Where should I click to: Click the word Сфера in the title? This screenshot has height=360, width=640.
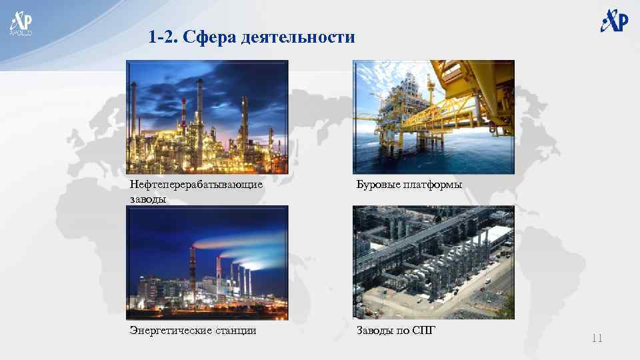211,37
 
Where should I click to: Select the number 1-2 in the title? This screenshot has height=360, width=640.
165,37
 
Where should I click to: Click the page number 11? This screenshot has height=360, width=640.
597,339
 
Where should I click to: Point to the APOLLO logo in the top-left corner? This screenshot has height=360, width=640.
20,23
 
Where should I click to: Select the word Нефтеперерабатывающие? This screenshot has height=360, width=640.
196,185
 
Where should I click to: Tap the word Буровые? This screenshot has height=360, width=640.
377,185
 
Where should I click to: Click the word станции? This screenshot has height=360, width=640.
235,330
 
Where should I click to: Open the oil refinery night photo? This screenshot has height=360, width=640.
207,116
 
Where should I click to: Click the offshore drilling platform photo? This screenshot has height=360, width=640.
433,116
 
